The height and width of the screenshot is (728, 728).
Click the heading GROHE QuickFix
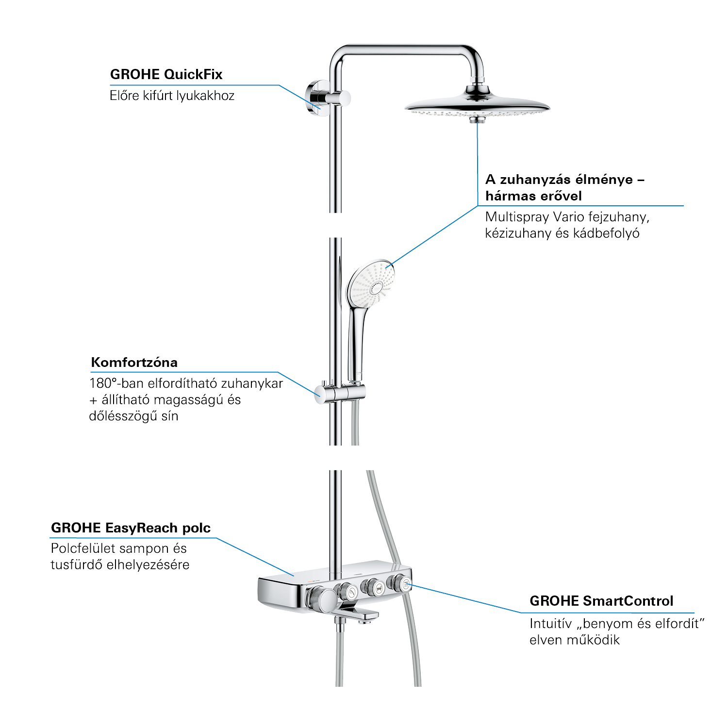click(x=166, y=74)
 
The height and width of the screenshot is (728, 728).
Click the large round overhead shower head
click(x=477, y=104)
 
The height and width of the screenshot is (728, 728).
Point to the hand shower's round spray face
click(x=370, y=283)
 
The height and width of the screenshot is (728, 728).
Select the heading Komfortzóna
click(x=134, y=362)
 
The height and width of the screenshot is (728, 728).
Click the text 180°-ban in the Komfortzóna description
click(x=116, y=383)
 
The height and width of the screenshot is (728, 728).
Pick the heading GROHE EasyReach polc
click(x=131, y=528)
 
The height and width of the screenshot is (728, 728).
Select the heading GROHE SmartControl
click(x=601, y=601)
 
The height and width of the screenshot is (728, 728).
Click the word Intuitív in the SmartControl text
click(x=550, y=624)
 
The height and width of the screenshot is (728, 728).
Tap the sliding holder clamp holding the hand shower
click(x=340, y=393)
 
